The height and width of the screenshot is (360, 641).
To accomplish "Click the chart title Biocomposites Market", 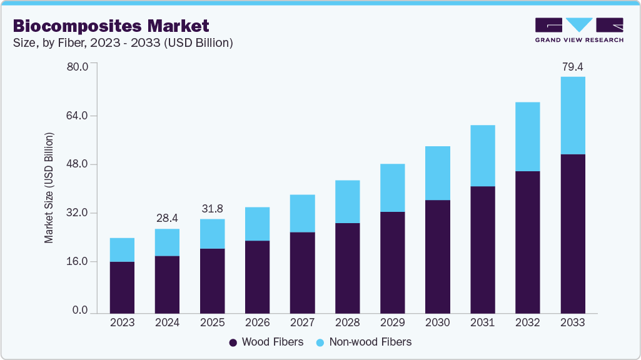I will pos(111,26).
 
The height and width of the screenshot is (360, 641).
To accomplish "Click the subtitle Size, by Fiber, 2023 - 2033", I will pos(123,42).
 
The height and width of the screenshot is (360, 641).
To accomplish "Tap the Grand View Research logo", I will pos(579,30).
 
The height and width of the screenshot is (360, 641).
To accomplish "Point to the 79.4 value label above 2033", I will pos(572,66).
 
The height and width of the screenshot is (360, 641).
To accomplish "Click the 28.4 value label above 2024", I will pos(167,218).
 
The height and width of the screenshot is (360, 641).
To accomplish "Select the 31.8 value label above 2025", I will pos(212,208).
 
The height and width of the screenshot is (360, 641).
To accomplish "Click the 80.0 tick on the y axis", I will pos(78,67).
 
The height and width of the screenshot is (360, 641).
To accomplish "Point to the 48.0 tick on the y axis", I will pos(78,164).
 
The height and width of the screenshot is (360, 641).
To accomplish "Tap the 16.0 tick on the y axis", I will pos(78,262).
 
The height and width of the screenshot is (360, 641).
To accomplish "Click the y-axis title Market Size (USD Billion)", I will pos(48,188).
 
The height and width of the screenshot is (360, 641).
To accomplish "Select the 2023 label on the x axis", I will pos(122,322).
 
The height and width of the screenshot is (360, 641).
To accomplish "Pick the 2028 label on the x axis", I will pos(347,322).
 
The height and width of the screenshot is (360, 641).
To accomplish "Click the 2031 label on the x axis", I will pos(482,322).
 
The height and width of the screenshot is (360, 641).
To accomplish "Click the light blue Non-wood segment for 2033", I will pos(572,116).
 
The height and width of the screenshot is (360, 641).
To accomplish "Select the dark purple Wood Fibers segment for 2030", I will pos(437,256).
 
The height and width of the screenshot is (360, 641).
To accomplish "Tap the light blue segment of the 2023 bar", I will pos(122,249).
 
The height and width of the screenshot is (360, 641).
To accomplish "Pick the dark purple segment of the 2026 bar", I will pos(257,276).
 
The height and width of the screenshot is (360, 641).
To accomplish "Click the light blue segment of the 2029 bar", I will pos(392,187).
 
